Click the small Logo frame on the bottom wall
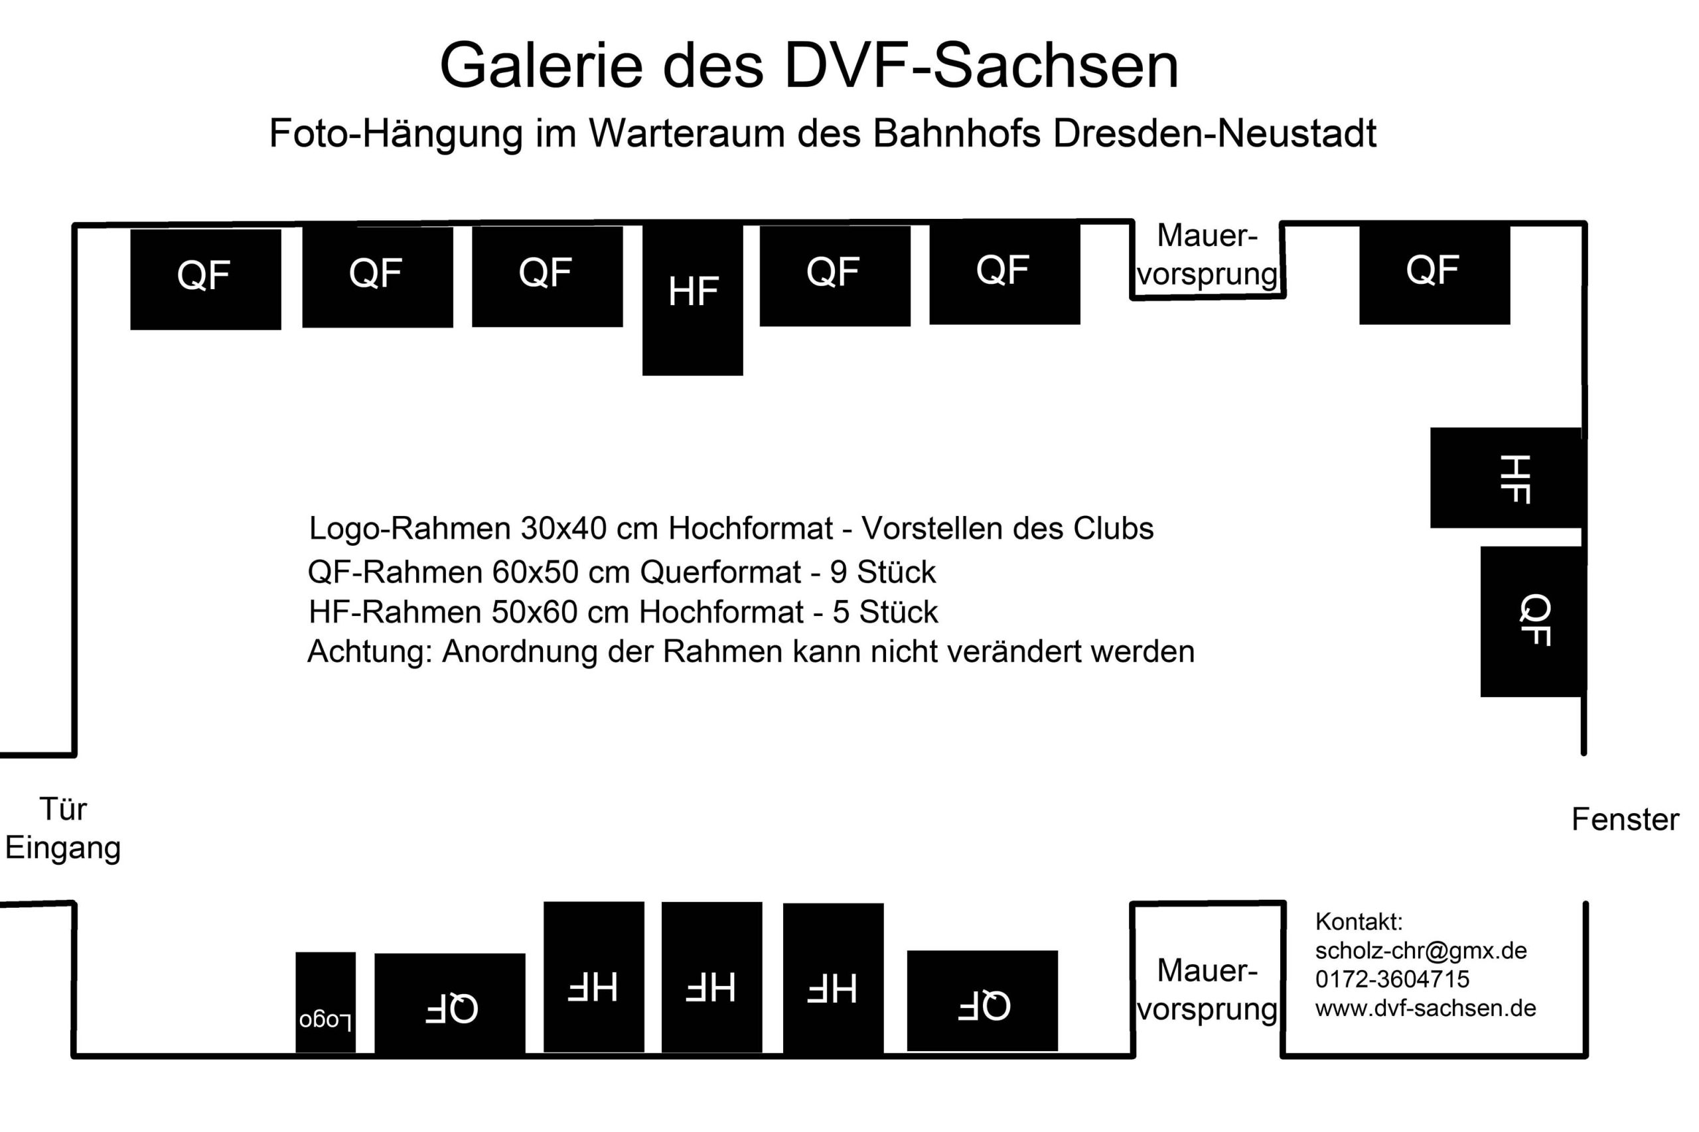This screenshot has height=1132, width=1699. [325, 1002]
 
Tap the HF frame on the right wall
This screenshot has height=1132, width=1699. [1508, 477]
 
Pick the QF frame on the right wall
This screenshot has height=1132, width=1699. [1533, 621]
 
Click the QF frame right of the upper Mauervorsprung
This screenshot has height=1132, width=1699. [1435, 275]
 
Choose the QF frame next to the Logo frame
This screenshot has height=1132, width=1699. [449, 1003]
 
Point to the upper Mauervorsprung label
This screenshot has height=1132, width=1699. [1208, 255]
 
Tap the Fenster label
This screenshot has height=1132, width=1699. [1625, 820]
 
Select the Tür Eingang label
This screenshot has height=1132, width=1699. [63, 829]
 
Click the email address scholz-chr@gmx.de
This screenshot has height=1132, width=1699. [1421, 950]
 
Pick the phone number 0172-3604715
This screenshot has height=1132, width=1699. [1392, 979]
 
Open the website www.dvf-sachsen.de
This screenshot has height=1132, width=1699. [1425, 1008]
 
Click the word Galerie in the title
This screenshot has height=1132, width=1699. [541, 66]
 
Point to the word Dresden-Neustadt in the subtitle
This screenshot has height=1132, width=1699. [1215, 133]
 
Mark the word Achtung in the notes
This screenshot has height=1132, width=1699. [370, 652]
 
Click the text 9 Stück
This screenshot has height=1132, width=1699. [883, 572]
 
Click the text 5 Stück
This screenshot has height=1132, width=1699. [885, 612]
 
